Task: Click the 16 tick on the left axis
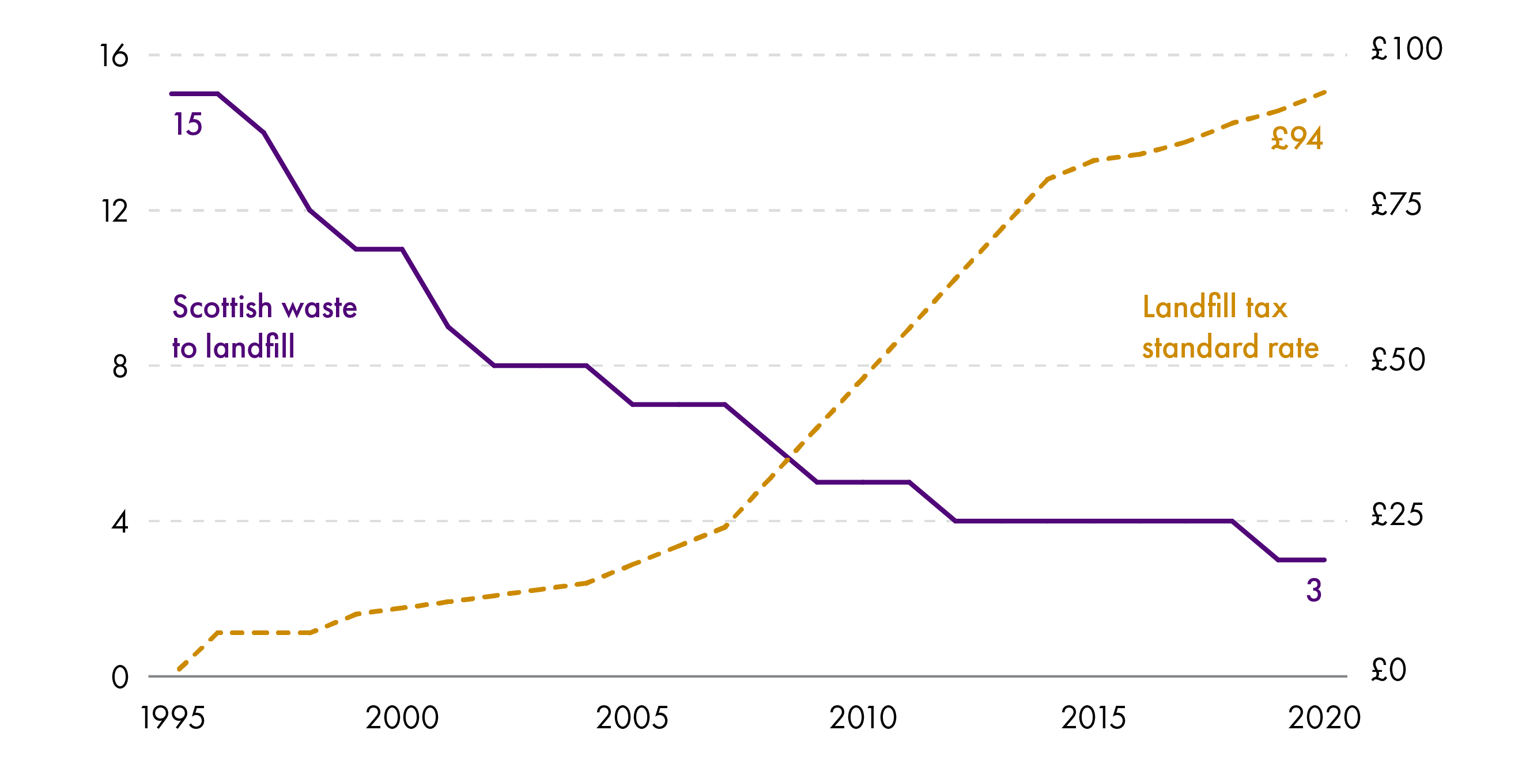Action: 114,56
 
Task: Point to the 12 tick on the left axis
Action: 114,211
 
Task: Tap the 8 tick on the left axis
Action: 120,367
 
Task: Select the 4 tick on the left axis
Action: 120,522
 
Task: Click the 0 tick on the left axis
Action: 120,678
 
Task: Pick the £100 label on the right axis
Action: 1406,49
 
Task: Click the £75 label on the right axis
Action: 1396,204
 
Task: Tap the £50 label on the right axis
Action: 1398,360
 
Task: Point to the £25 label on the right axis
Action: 1397,515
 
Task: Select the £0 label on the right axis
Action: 1388,670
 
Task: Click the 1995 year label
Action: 172,718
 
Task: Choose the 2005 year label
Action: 632,718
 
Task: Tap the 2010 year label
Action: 863,718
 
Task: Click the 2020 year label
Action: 1324,718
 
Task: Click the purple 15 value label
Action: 187,124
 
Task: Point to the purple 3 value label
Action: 1314,590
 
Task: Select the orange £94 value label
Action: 1297,138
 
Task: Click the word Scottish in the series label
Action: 222,307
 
